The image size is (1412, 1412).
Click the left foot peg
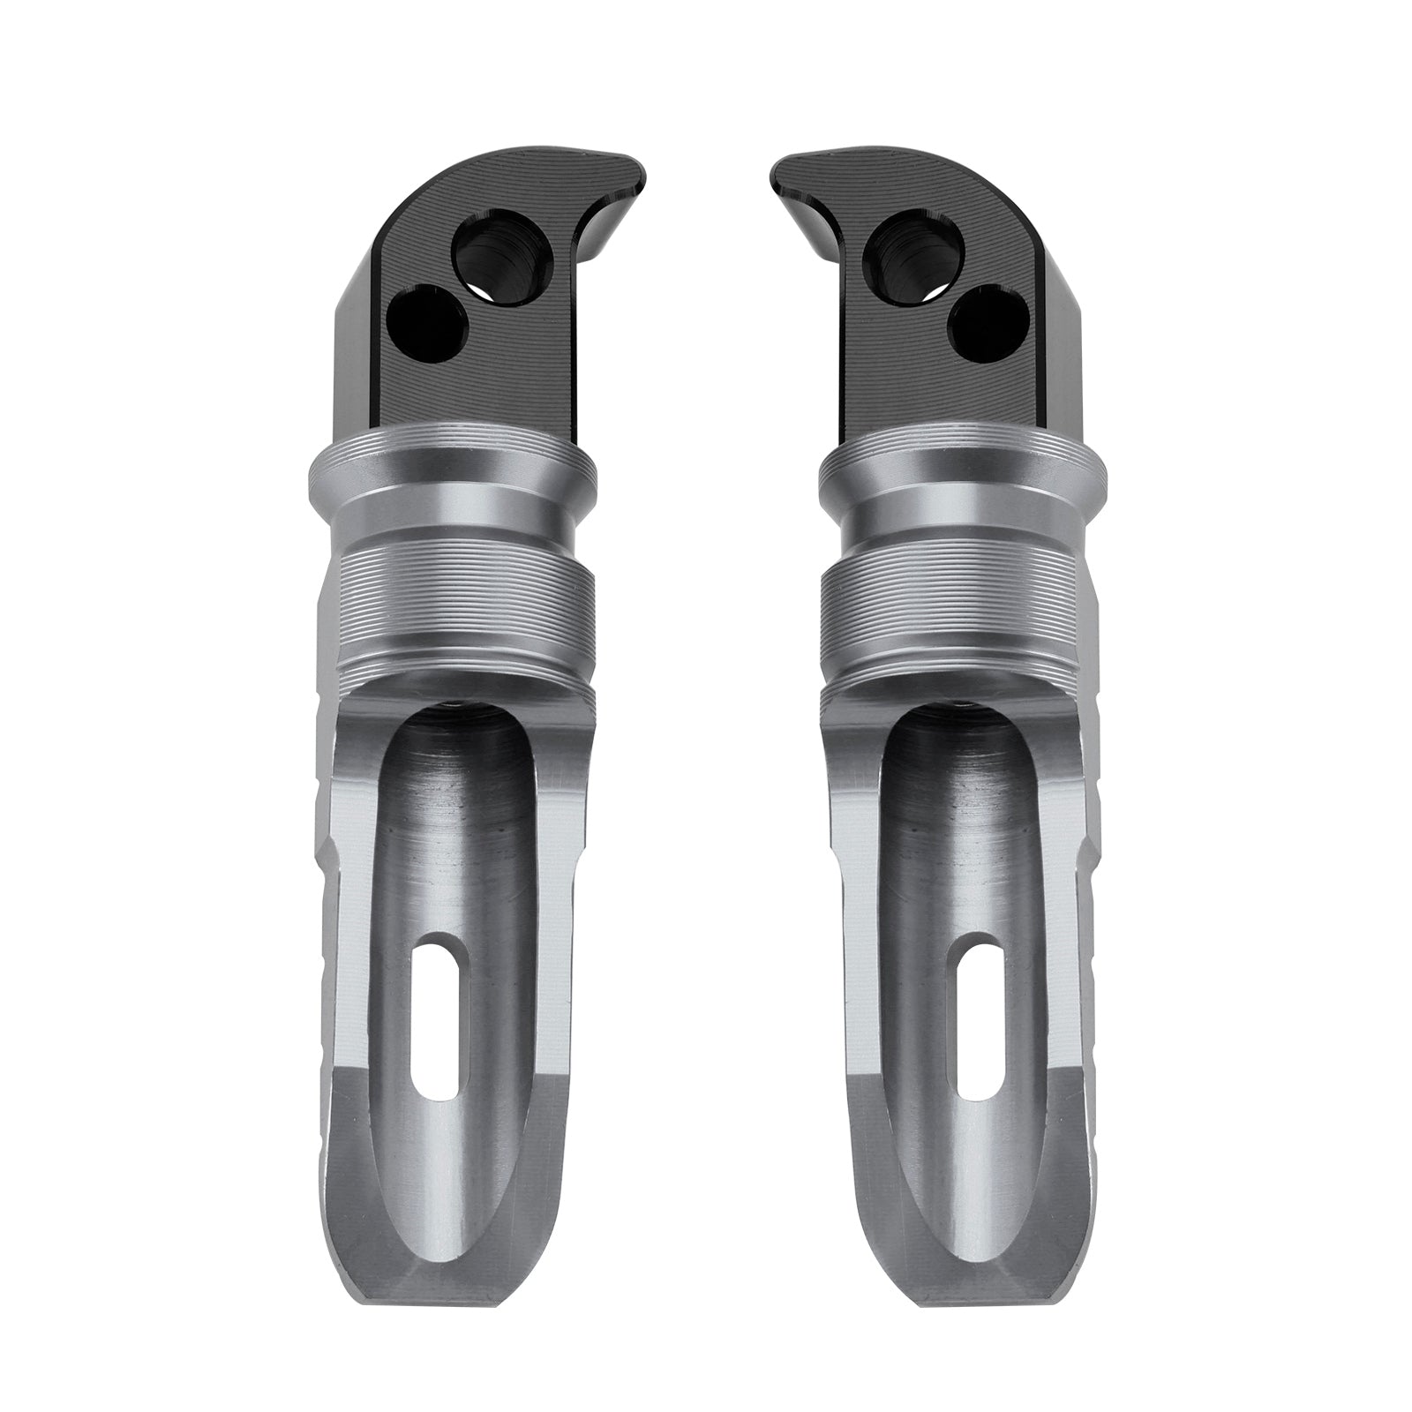pos(450,794)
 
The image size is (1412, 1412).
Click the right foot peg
pos(962,794)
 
